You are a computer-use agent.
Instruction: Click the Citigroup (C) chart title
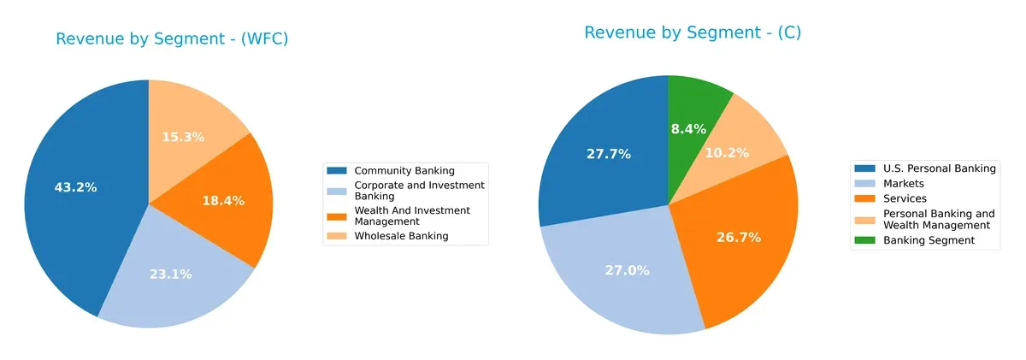[x=693, y=32]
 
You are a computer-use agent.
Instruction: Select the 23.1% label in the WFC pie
[x=170, y=274]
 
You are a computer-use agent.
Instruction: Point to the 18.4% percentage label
[x=222, y=201]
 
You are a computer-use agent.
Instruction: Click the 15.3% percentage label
[x=183, y=137]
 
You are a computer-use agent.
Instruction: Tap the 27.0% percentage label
[x=628, y=270]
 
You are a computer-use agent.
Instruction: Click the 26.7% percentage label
[x=739, y=238]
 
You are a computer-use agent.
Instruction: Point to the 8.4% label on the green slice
[x=688, y=129]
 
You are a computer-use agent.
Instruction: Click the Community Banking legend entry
[x=404, y=171]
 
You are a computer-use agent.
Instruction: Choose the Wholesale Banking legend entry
[x=400, y=236]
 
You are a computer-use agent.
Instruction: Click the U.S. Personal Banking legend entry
[x=939, y=168]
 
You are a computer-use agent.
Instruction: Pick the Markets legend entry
[x=903, y=184]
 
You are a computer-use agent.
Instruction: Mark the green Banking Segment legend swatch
[x=866, y=241]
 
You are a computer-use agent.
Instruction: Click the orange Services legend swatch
[x=866, y=199]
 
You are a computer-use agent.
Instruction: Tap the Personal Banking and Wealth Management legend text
[x=938, y=220]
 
